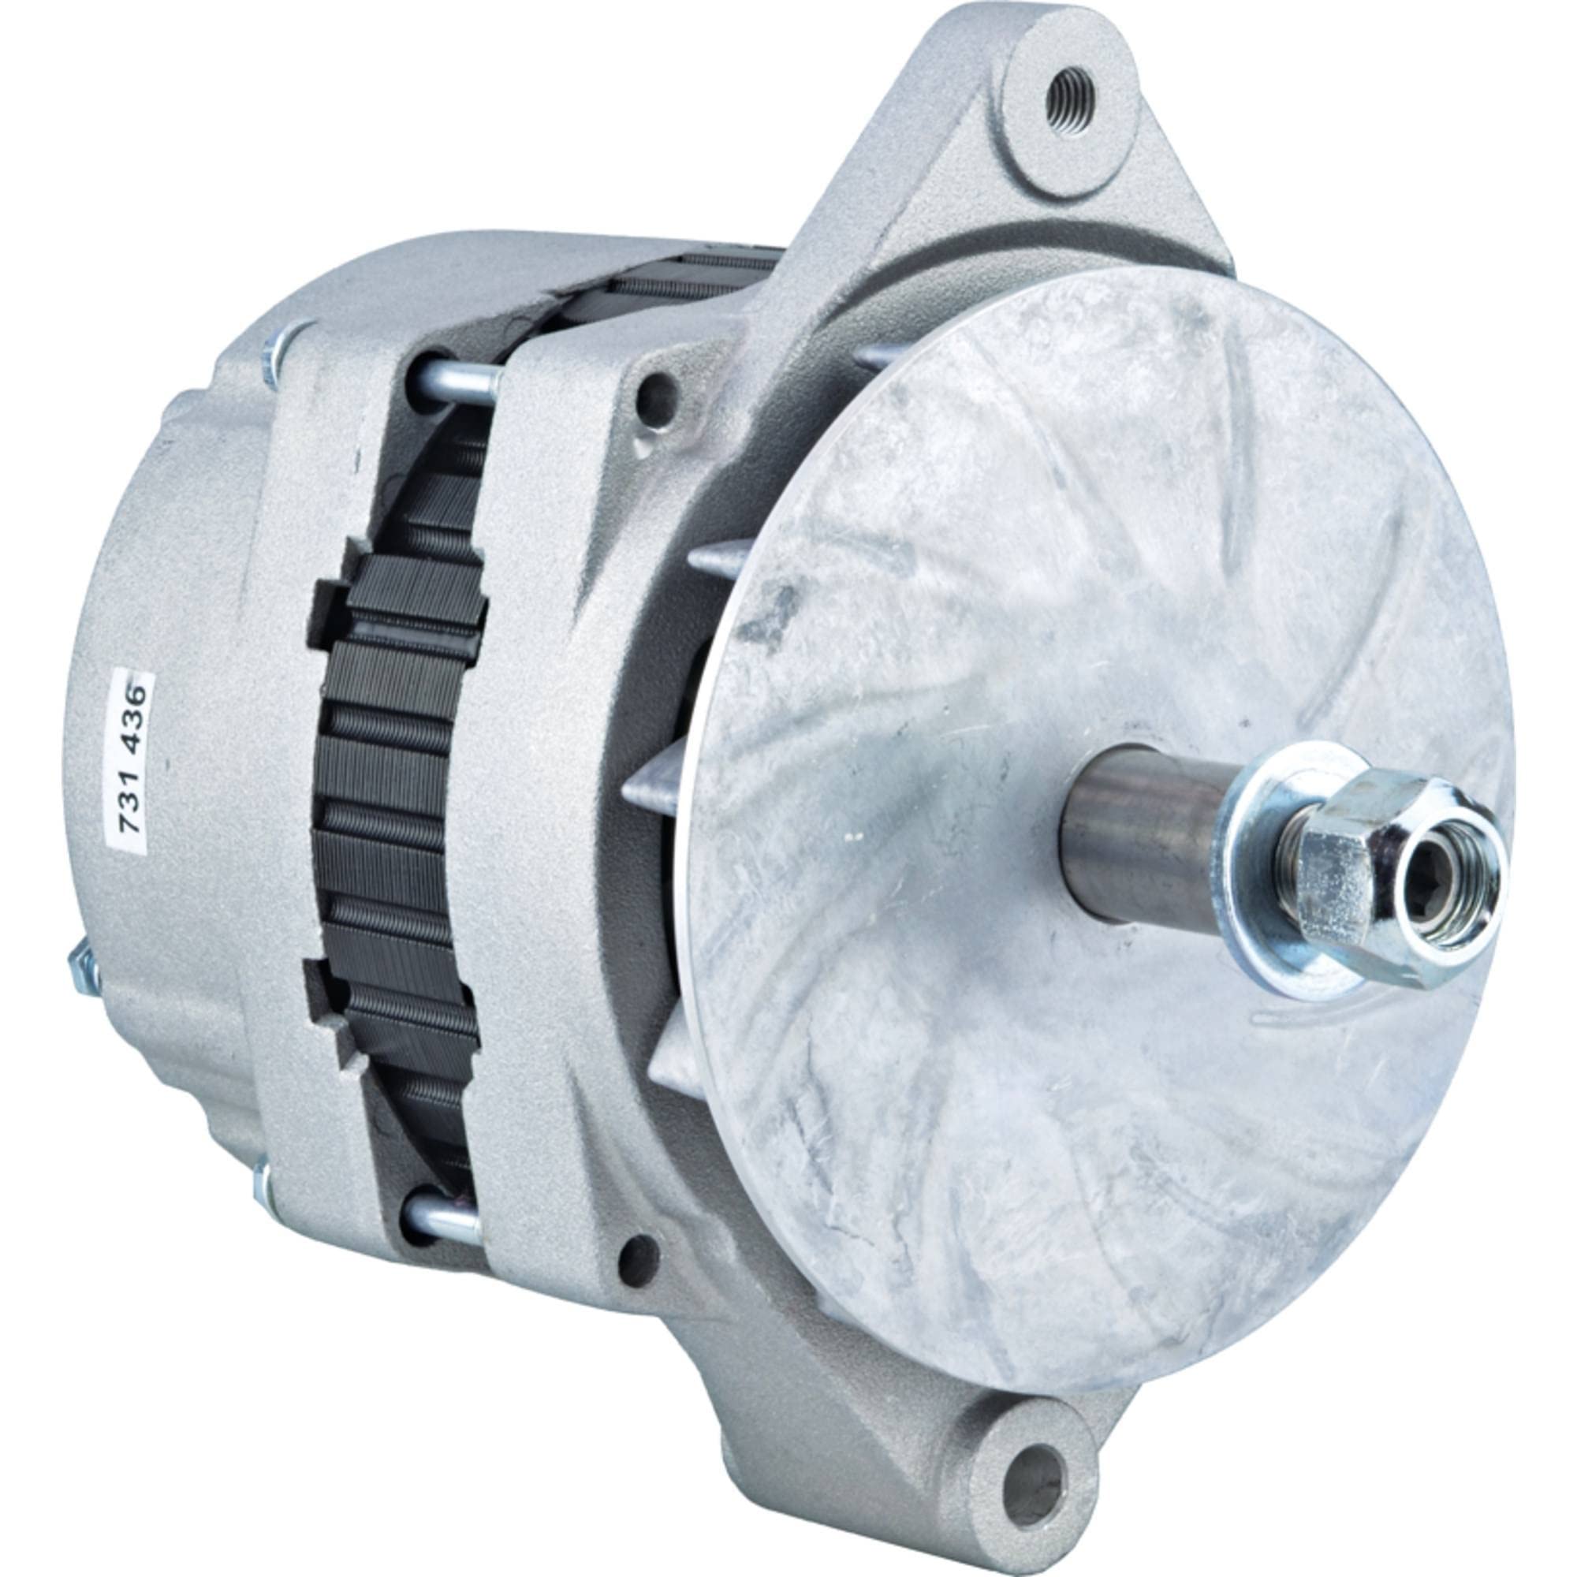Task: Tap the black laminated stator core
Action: pos(400,816)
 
